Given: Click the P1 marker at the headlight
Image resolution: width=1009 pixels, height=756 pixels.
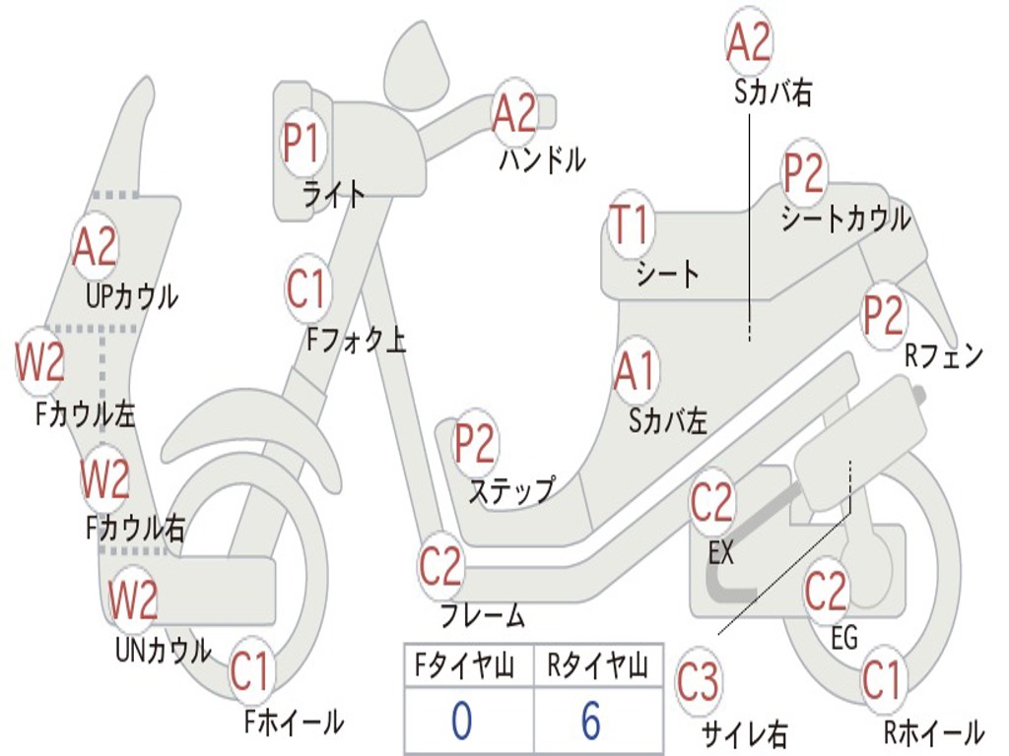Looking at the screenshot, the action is (302, 144).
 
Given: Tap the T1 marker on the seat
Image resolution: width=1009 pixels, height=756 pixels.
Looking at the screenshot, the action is (630, 226).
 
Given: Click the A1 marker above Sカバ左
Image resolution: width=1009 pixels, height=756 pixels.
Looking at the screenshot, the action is (635, 371).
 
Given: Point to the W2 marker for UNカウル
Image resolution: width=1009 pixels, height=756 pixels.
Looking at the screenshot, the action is (134, 599).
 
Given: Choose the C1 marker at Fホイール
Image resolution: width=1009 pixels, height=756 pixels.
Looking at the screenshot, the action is (249, 673).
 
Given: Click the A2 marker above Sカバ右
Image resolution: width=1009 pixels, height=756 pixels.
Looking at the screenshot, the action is (748, 42).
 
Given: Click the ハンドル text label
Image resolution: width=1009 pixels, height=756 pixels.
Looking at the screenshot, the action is (542, 159).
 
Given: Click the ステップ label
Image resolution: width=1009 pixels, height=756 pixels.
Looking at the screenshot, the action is (510, 489).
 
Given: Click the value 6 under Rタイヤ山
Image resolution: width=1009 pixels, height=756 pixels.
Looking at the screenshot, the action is (591, 721).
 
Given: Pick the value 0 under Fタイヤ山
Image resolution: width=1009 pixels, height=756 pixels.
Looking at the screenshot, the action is (462, 721).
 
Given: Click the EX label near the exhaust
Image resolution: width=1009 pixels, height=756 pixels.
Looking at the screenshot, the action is (721, 553).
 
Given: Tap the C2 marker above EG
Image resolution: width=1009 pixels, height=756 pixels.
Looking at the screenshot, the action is (826, 591).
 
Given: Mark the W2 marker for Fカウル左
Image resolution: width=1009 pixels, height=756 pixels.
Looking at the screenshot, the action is (40, 362).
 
